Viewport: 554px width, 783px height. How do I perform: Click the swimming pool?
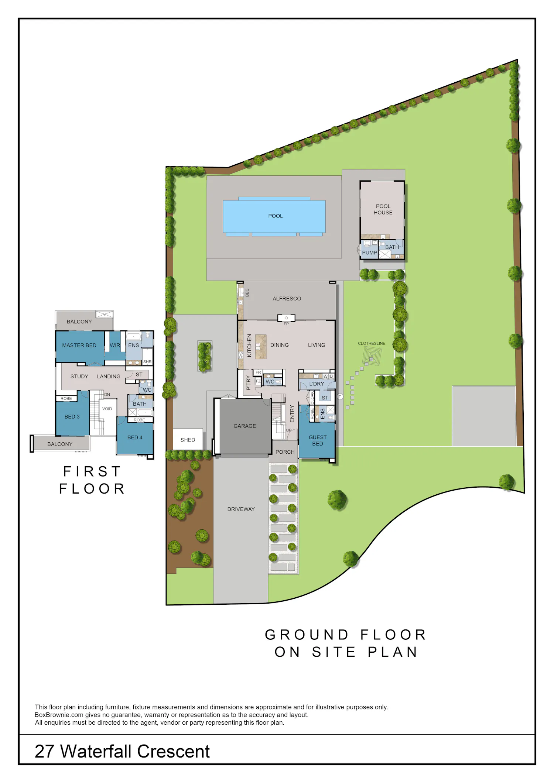pos(274,216)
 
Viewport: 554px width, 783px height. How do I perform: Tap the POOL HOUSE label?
pos(383,209)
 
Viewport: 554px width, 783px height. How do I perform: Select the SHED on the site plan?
pos(188,439)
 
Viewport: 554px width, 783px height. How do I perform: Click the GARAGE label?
pos(244,426)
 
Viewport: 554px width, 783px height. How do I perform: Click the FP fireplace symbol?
pos(286,318)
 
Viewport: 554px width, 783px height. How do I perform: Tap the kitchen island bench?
pos(261,347)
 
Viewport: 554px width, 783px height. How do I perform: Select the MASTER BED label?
pos(79,346)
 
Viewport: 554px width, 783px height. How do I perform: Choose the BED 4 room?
pos(135,438)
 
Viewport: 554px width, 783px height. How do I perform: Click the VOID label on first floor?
pos(107,409)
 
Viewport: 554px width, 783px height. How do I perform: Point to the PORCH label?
pos(285,452)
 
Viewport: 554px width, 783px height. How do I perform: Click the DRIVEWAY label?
pos(241,509)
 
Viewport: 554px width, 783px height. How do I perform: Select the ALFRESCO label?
pos(287,299)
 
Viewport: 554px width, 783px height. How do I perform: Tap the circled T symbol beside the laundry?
pos(340,396)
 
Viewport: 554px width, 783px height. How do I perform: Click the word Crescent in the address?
pos(173,751)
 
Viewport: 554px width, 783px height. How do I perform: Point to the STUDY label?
pos(79,377)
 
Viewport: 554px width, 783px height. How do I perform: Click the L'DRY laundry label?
pos(317,384)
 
